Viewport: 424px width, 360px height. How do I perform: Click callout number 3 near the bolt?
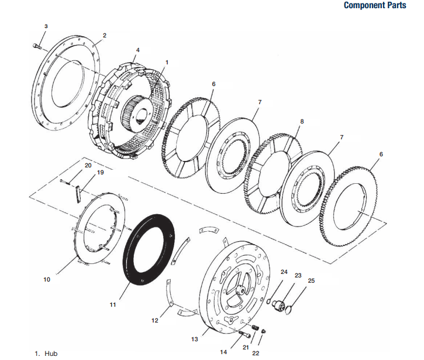(x=46, y=26)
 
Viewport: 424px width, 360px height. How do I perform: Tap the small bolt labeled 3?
(x=37, y=46)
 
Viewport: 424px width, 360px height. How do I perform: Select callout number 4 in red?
(x=138, y=50)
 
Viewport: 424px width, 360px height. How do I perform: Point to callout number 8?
(x=302, y=121)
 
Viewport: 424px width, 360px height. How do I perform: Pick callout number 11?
(x=113, y=304)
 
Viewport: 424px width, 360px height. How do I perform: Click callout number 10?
(x=47, y=280)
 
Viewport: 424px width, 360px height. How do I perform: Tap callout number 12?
(x=155, y=320)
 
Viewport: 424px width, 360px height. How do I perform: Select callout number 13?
(x=195, y=339)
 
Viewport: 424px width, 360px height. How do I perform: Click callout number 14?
(x=223, y=352)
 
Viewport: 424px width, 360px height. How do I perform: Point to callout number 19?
(x=100, y=173)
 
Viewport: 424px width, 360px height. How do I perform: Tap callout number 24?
(x=284, y=272)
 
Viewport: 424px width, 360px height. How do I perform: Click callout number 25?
(x=311, y=280)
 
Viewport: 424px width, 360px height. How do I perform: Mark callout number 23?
(x=298, y=275)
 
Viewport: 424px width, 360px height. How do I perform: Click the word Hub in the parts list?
(x=51, y=354)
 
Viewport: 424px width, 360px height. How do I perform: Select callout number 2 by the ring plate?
(x=104, y=35)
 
